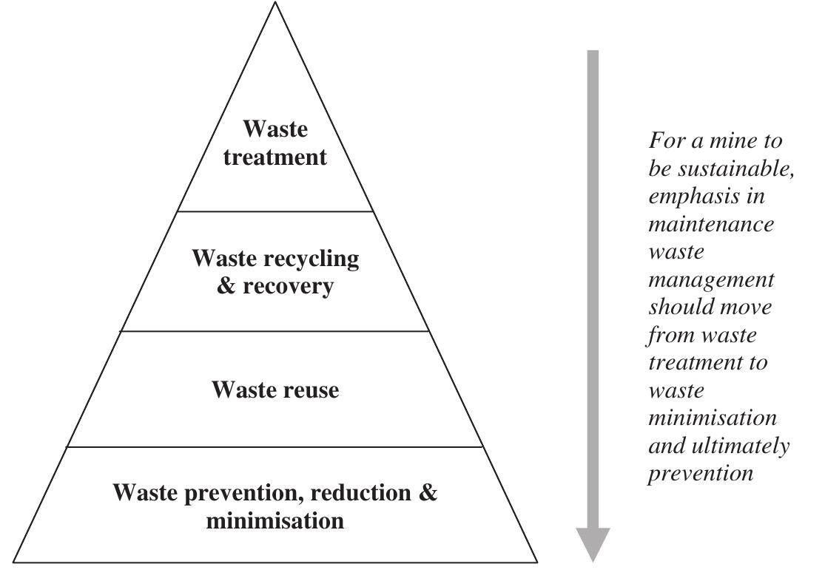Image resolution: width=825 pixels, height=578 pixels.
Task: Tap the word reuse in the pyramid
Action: point(306,390)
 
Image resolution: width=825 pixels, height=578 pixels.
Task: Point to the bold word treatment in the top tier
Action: point(275,157)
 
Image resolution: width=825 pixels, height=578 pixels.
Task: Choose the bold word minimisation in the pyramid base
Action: point(275,520)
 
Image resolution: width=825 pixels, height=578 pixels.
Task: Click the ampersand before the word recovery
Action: point(226,286)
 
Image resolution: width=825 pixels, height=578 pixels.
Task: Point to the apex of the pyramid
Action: point(275,3)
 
